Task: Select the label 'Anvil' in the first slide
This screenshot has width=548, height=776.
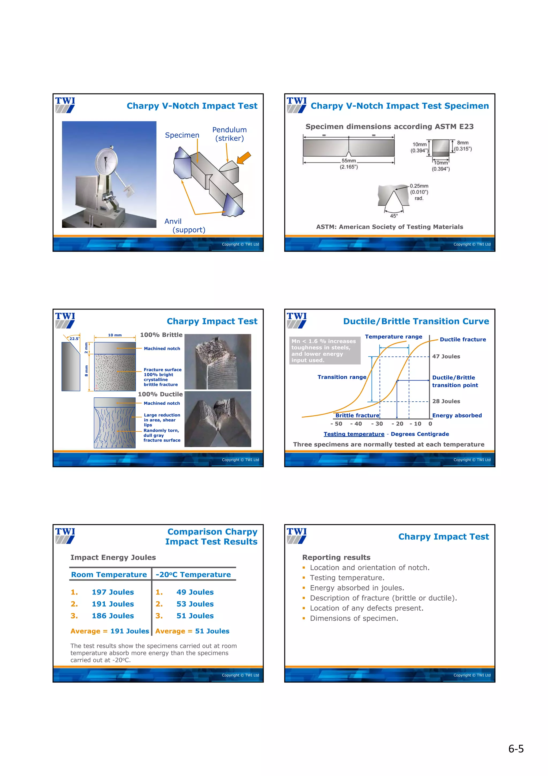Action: point(173,221)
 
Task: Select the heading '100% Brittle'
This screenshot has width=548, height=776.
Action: point(161,335)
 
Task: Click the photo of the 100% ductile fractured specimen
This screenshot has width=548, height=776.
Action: point(218,419)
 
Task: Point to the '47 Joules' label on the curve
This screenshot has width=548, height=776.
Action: point(446,357)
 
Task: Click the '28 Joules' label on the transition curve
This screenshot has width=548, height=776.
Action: point(446,401)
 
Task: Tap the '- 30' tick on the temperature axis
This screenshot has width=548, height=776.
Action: point(377,424)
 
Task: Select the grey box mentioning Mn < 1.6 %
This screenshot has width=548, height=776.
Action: point(325,351)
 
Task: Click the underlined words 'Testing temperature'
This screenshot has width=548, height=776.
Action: point(354,434)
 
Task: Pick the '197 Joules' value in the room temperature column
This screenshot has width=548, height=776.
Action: point(113,592)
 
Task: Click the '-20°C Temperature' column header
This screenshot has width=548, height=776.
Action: point(193,575)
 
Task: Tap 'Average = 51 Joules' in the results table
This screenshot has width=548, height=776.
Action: point(192,631)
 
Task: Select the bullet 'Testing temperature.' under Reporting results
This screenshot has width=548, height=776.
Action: point(347,578)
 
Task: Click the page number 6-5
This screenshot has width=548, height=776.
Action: point(516,749)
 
